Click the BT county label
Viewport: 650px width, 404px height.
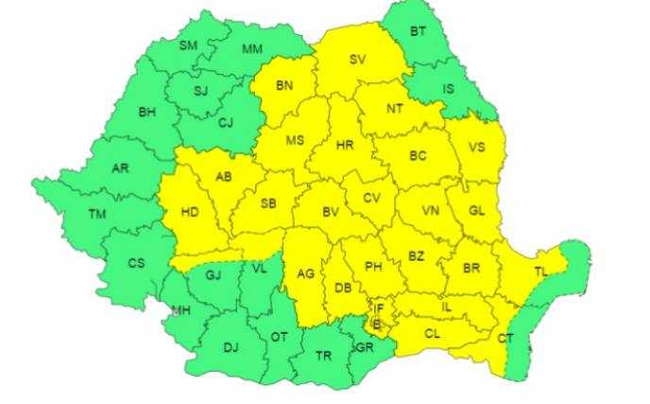[417, 31]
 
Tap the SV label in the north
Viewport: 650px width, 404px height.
[357, 59]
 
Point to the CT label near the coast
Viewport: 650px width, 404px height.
[506, 338]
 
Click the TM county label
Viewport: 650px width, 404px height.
[96, 214]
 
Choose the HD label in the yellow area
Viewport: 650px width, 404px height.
[189, 212]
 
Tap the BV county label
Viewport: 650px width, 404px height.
[331, 213]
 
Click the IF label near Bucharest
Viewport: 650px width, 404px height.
[378, 307]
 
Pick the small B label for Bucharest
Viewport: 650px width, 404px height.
[376, 323]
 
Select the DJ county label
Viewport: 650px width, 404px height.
[231, 346]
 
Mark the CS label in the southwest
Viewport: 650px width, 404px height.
[136, 263]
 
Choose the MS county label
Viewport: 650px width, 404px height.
[295, 140]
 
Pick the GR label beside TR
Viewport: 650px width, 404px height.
[364, 346]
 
